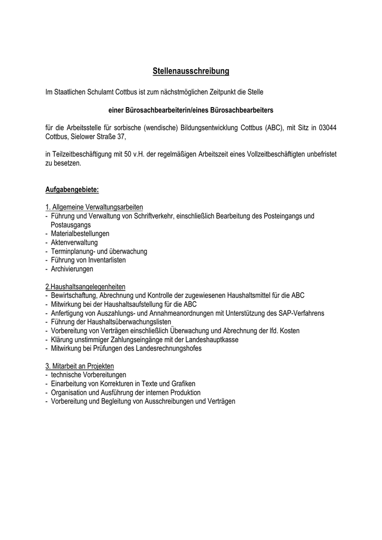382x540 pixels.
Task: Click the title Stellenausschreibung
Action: pos(190,71)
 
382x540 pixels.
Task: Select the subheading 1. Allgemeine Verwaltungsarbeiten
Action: pos(94,207)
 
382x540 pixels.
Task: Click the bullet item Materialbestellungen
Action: pos(80,233)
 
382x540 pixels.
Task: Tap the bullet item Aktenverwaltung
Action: pos(74,242)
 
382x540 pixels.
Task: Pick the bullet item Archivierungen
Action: pos(72,269)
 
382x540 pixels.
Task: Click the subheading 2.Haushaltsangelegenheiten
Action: pos(85,286)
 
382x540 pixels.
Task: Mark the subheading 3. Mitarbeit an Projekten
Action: pos(79,366)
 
